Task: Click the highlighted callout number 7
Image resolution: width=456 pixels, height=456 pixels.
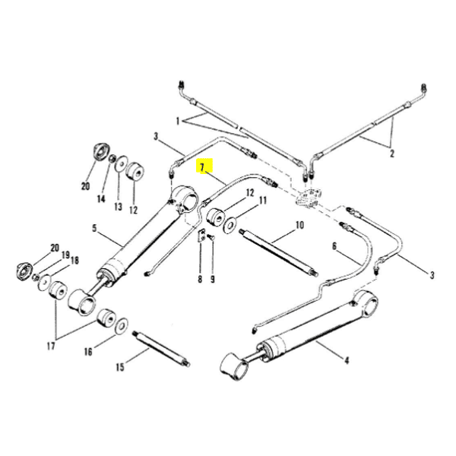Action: [202, 167]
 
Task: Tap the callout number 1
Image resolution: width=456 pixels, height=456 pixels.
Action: [178, 121]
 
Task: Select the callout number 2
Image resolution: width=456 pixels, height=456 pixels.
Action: [391, 153]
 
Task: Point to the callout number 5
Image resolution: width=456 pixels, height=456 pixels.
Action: [94, 228]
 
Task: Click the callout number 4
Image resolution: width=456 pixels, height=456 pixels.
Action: [347, 360]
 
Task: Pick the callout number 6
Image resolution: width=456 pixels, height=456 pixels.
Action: [334, 246]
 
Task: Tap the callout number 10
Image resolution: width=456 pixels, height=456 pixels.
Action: [299, 225]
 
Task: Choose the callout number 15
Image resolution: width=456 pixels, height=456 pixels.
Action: [120, 367]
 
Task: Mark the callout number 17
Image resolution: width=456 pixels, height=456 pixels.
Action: [51, 346]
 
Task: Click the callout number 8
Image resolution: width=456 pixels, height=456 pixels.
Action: [200, 279]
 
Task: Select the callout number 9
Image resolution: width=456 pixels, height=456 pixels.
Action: [213, 279]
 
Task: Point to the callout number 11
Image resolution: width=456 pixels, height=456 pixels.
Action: [263, 201]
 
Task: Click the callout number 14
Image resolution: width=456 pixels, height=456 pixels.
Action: [101, 199]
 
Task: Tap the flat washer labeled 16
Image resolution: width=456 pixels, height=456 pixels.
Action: [122, 326]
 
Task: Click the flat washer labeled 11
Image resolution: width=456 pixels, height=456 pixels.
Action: [230, 225]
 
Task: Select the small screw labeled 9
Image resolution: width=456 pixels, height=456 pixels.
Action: [211, 238]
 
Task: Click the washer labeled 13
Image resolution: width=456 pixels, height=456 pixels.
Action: [121, 163]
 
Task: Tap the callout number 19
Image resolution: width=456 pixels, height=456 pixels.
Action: [66, 255]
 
